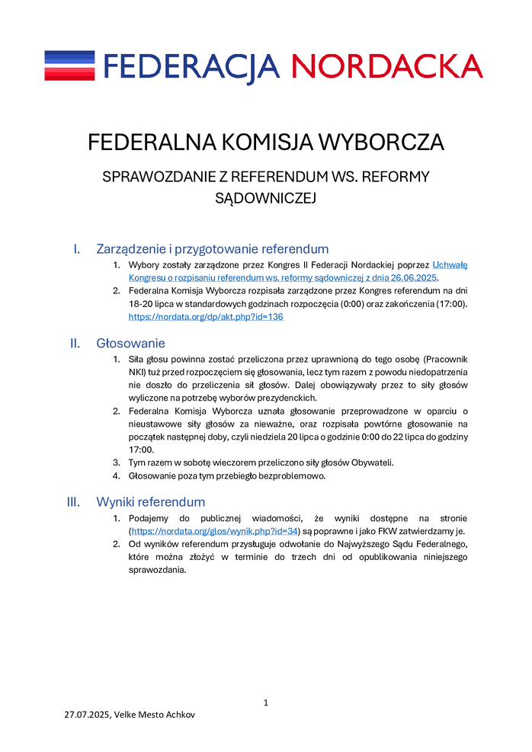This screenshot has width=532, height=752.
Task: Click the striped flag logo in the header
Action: (69, 66)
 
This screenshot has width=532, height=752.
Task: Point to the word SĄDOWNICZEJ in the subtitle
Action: (265, 198)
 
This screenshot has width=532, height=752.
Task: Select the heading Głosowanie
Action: (130, 344)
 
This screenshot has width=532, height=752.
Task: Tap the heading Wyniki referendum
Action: (150, 502)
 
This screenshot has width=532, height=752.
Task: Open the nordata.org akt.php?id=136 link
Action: (205, 317)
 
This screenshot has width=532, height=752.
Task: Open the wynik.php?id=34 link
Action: (214, 531)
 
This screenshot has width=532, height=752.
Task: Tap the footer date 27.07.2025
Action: (87, 716)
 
